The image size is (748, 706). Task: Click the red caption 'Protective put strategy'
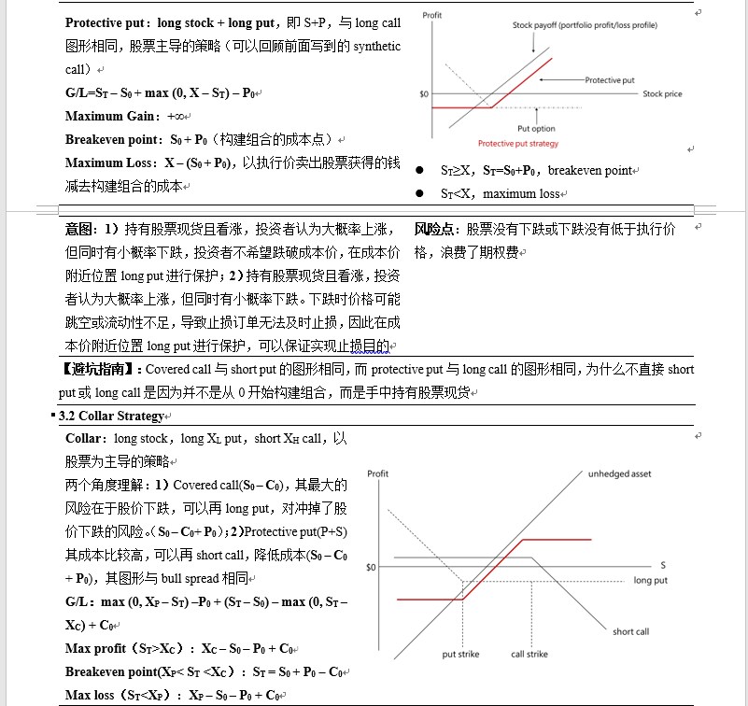click(517, 143)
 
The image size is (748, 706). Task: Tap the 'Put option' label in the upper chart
click(536, 128)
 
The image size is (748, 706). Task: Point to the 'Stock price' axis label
click(662, 93)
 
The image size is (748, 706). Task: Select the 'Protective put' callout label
click(610, 80)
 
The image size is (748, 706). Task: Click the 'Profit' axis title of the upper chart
click(431, 16)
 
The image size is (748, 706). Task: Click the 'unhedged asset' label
click(619, 473)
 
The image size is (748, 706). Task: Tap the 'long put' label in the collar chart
click(651, 580)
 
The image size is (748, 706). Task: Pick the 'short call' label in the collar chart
click(630, 631)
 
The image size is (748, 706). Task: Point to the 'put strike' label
click(460, 654)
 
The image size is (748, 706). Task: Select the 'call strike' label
click(529, 654)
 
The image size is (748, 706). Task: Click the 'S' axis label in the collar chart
click(662, 565)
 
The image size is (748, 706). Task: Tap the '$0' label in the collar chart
click(371, 567)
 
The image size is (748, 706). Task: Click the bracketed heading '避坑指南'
click(100, 369)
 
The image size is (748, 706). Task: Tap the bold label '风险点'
click(435, 229)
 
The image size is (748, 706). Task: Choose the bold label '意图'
click(78, 229)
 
